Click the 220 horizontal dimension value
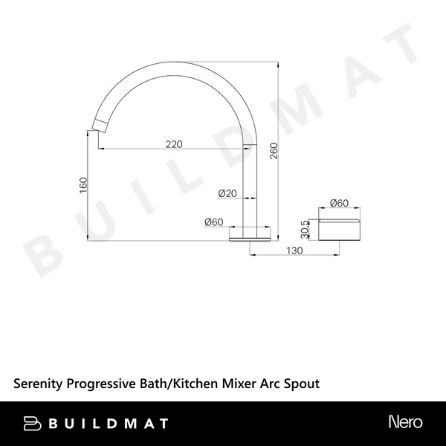174,144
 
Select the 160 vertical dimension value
84,184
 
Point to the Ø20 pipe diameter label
227,193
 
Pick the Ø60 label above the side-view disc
340,204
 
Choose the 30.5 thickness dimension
305,230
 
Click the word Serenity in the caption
39,384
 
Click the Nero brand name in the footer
405,422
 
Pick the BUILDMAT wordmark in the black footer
109,423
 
